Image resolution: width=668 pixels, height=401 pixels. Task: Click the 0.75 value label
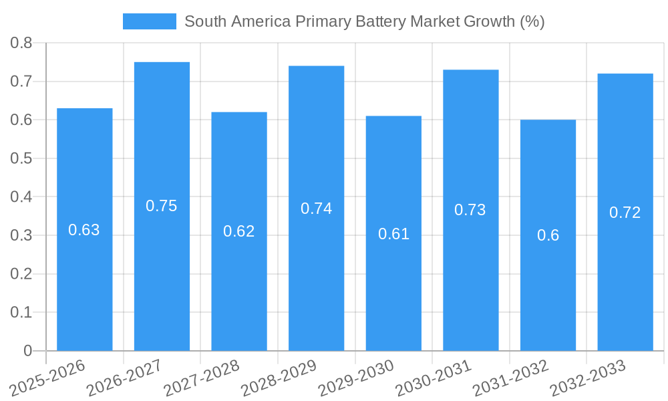pyautogui.click(x=162, y=206)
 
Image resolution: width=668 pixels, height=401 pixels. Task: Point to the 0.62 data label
pyautogui.click(x=239, y=231)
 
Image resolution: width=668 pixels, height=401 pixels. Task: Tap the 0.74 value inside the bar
pyautogui.click(x=317, y=209)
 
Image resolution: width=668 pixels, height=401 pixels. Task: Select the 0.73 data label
pyautogui.click(x=470, y=210)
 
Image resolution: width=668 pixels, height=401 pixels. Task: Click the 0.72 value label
pyautogui.click(x=625, y=213)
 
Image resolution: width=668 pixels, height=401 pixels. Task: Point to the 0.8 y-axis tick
pyautogui.click(x=21, y=43)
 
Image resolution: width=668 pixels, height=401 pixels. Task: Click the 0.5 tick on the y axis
pyautogui.click(x=21, y=158)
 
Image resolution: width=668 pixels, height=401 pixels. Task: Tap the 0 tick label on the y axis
pyautogui.click(x=27, y=351)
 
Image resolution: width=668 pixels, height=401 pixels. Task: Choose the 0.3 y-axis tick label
pyautogui.click(x=21, y=235)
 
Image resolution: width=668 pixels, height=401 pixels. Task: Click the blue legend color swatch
pyautogui.click(x=150, y=21)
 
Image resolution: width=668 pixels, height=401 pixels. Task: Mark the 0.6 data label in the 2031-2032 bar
pyautogui.click(x=548, y=235)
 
